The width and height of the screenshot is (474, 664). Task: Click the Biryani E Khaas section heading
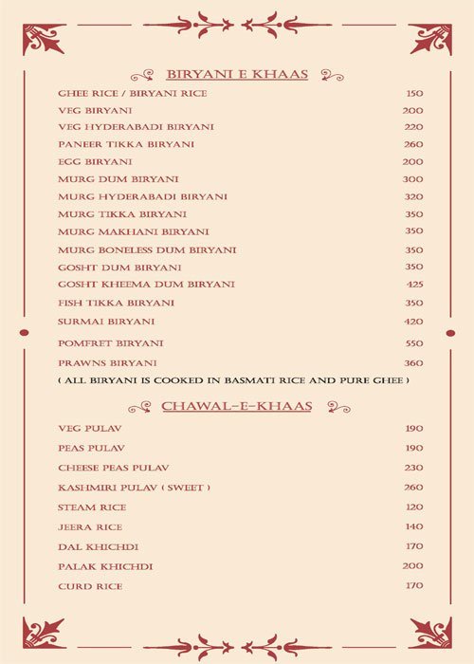point(237,74)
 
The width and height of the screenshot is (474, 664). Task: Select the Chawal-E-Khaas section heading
point(237,406)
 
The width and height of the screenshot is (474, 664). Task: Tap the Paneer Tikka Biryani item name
point(126,144)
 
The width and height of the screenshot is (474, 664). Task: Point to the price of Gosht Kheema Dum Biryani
point(414,285)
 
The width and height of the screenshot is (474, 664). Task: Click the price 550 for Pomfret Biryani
point(414,342)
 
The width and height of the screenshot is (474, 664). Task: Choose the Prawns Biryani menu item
point(107,363)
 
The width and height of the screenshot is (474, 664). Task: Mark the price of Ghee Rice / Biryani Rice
point(414,94)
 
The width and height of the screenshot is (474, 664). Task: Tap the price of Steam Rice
point(414,507)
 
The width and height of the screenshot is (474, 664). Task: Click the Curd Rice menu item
point(90,586)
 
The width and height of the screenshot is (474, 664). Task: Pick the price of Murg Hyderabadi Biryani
point(413,196)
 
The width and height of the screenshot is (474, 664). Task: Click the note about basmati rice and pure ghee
point(233,380)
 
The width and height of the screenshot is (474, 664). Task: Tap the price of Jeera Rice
point(414,526)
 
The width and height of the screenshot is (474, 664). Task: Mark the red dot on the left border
point(24,333)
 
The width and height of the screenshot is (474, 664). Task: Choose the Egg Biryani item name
point(95,162)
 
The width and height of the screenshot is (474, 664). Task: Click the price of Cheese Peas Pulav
point(414,468)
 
